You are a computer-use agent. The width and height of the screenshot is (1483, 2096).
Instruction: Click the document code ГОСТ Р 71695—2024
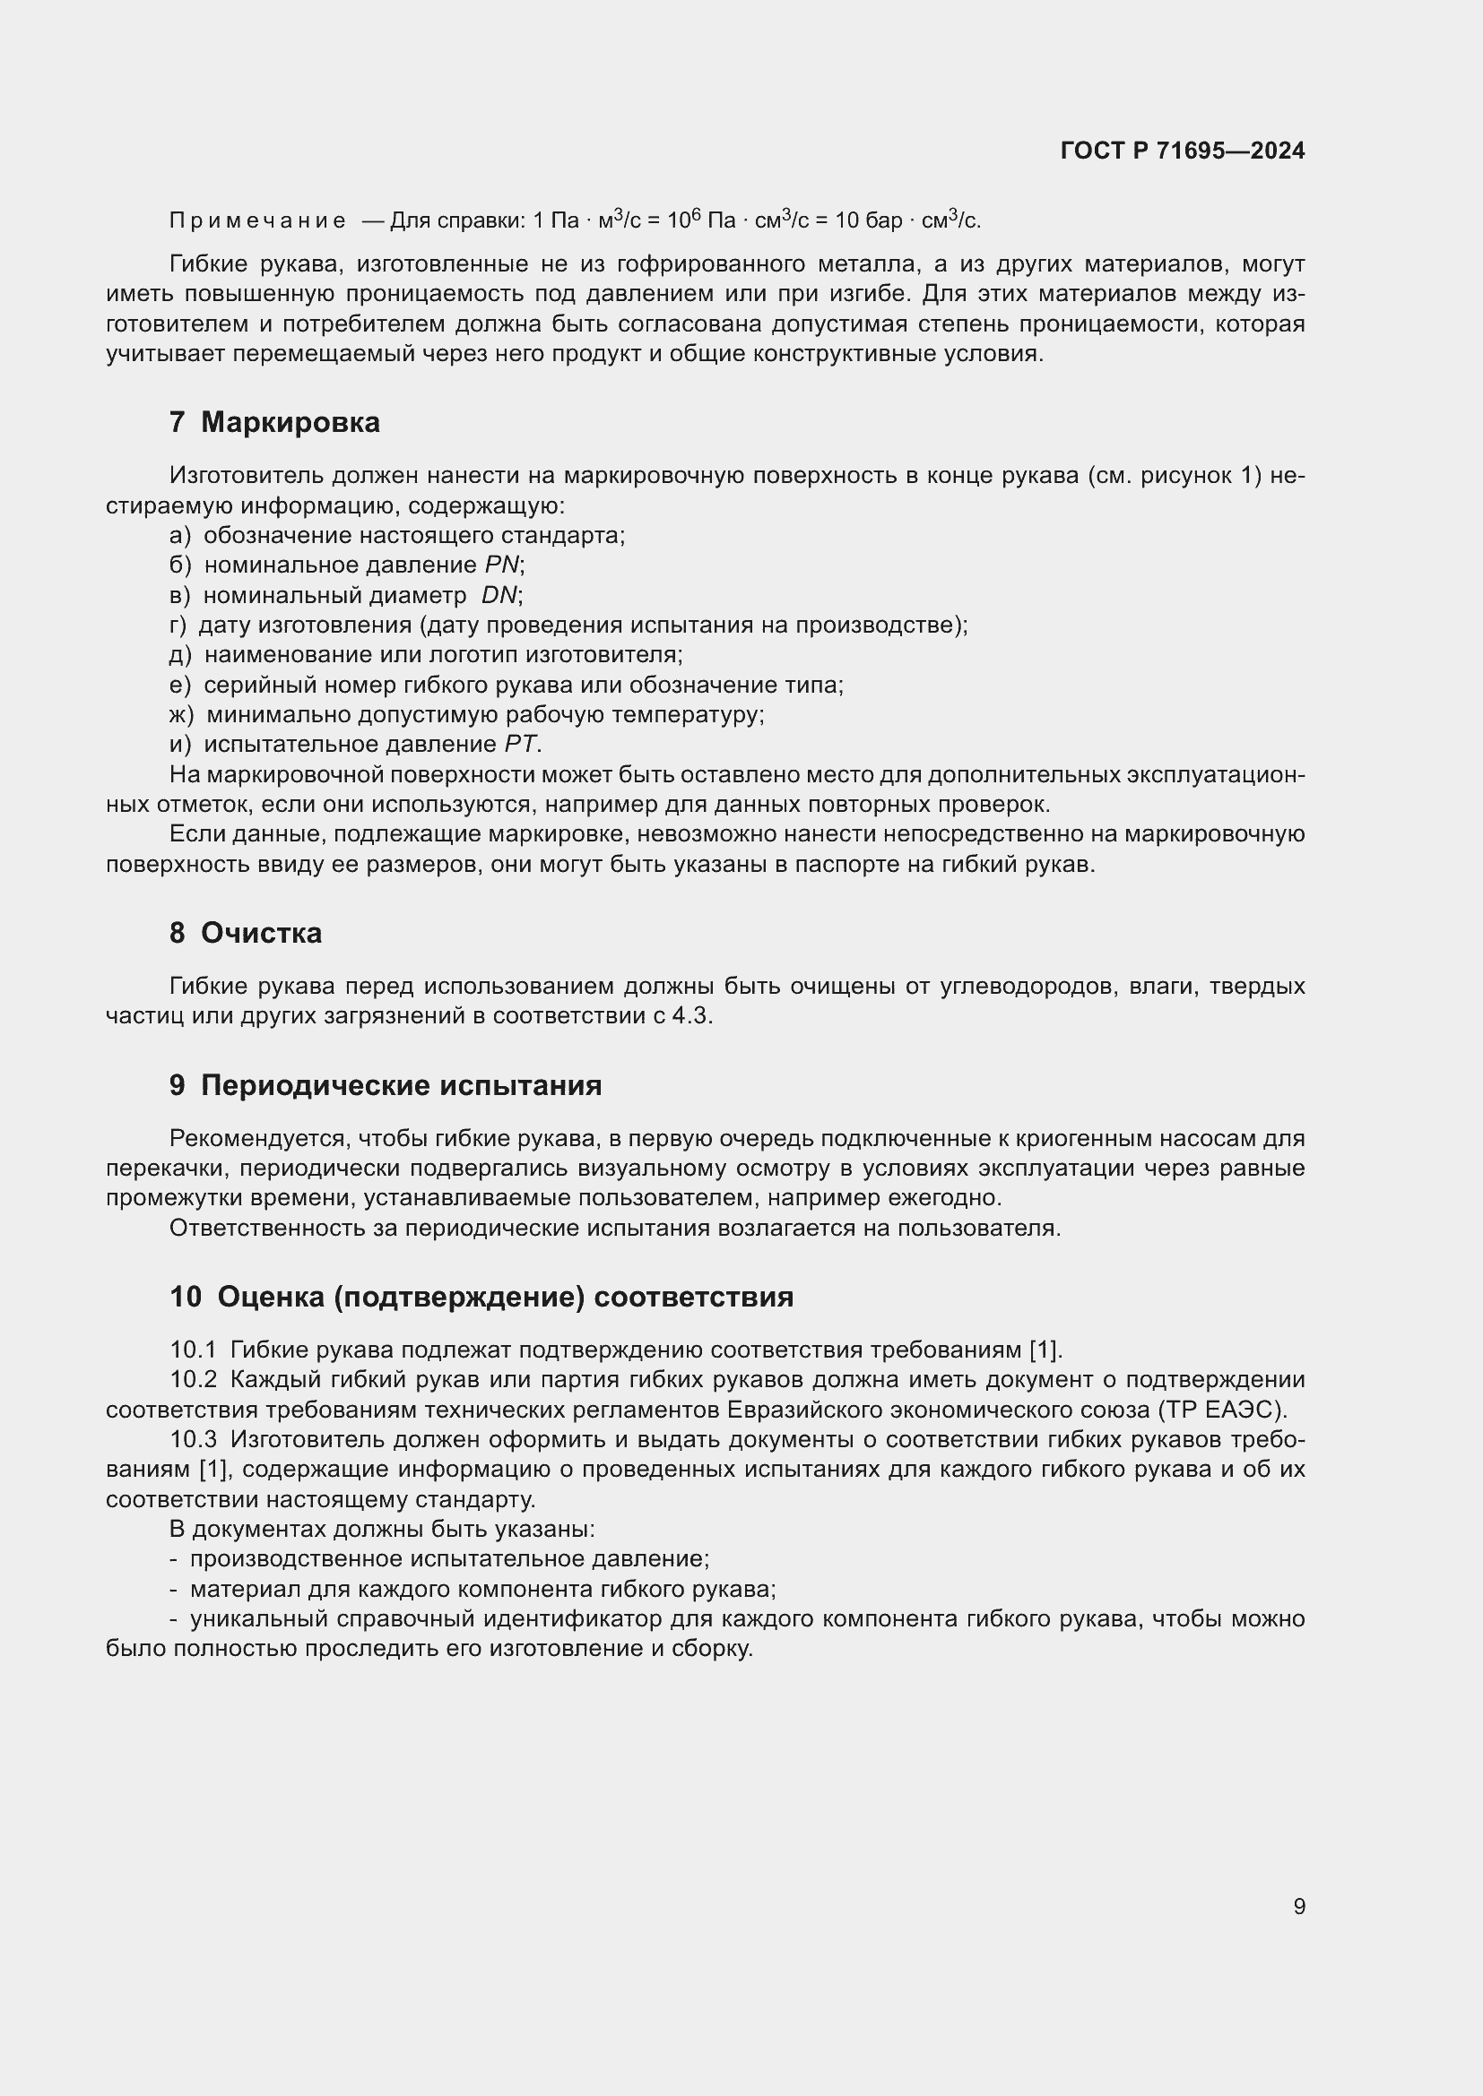coord(1182,151)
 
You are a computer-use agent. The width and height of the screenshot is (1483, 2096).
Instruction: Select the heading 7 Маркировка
coord(275,423)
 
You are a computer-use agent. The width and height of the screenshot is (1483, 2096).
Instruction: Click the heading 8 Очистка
coord(246,933)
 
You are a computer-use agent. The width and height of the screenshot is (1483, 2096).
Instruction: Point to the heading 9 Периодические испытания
coord(386,1085)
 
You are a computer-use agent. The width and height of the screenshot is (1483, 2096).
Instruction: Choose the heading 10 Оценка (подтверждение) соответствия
coord(481,1298)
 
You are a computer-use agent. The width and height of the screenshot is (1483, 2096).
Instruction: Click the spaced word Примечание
coord(257,221)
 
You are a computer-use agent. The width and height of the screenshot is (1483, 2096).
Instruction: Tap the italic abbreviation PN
coord(501,565)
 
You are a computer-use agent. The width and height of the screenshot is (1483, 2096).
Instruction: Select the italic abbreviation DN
coord(499,595)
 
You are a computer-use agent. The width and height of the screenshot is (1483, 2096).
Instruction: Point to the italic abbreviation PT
coord(521,744)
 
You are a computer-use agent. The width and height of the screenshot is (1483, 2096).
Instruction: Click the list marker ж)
coord(182,714)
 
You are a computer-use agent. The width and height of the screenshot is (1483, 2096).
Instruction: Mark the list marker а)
coord(180,535)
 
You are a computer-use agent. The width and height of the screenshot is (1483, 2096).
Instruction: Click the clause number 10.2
coord(193,1379)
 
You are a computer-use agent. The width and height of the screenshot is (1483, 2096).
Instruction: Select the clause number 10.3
coord(193,1440)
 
